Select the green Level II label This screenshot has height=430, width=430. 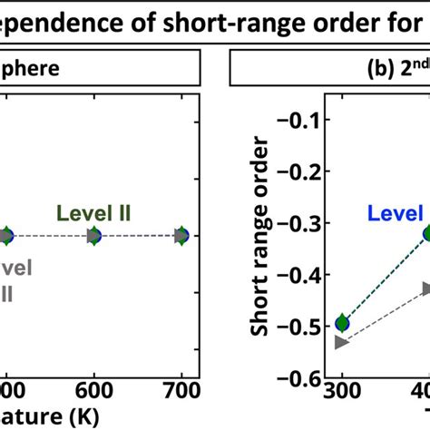(94, 214)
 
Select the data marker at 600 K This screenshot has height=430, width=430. (93, 236)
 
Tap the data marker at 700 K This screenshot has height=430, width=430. (181, 236)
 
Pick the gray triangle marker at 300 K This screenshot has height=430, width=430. (342, 342)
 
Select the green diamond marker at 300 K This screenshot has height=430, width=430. (342, 322)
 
